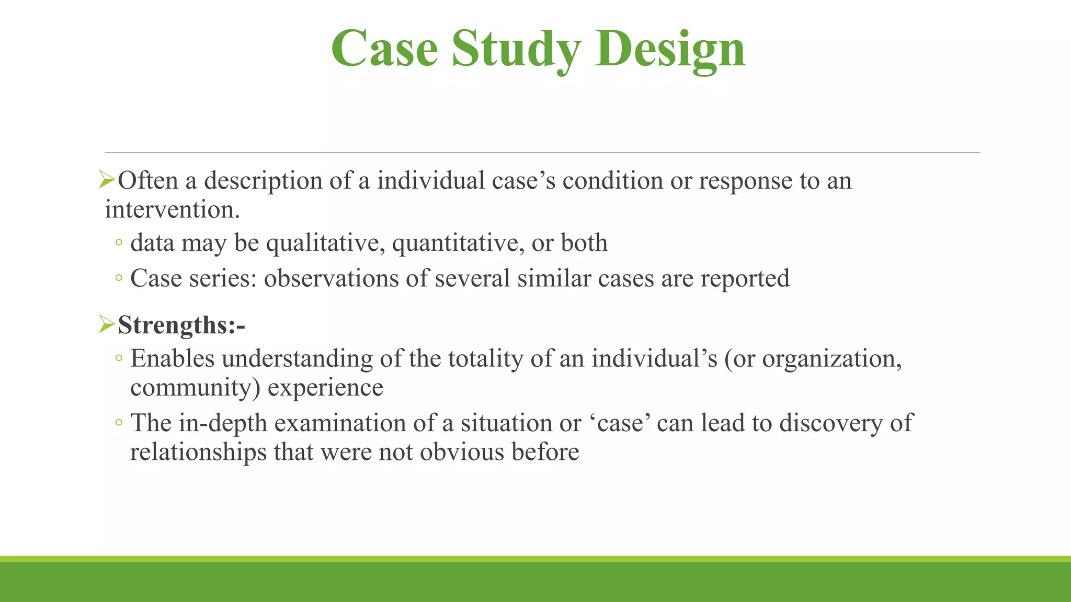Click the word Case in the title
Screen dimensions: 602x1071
(x=384, y=49)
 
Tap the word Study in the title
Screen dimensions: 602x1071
(x=516, y=49)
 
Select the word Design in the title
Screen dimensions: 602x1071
(x=670, y=49)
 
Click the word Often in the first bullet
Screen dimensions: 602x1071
(x=148, y=181)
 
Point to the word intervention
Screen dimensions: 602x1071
(x=172, y=210)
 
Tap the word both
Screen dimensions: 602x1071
(x=584, y=243)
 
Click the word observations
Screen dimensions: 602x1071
(x=331, y=278)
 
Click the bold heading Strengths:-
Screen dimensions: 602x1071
(x=181, y=325)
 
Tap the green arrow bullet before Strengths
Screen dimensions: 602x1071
(x=107, y=325)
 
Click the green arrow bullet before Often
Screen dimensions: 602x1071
(x=107, y=181)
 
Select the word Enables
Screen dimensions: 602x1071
(x=172, y=359)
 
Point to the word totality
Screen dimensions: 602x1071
(x=486, y=359)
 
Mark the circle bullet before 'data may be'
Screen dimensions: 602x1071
(x=119, y=243)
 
